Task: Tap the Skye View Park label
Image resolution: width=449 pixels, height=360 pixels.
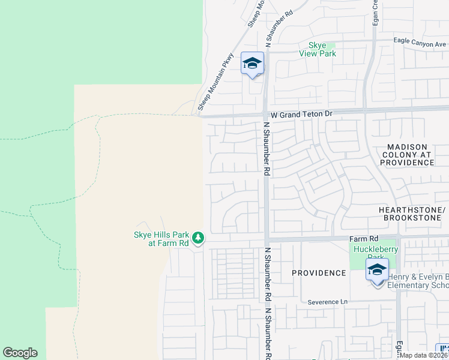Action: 318,49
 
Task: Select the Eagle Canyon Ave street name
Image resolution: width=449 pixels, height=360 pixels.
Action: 420,42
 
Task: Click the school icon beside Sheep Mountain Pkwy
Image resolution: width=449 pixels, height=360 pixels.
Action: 252,64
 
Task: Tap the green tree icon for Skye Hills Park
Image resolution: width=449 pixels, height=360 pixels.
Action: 199,238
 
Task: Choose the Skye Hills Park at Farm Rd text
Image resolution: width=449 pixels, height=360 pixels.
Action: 161,239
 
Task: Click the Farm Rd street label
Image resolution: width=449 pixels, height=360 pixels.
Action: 364,238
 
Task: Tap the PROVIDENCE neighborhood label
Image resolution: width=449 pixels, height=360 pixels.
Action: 319,273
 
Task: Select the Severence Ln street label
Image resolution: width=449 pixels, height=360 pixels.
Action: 327,302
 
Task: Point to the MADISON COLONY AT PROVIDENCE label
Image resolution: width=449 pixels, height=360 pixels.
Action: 406,155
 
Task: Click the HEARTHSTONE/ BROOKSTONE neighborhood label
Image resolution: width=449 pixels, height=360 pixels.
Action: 412,215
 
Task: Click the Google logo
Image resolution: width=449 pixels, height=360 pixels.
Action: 20,353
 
